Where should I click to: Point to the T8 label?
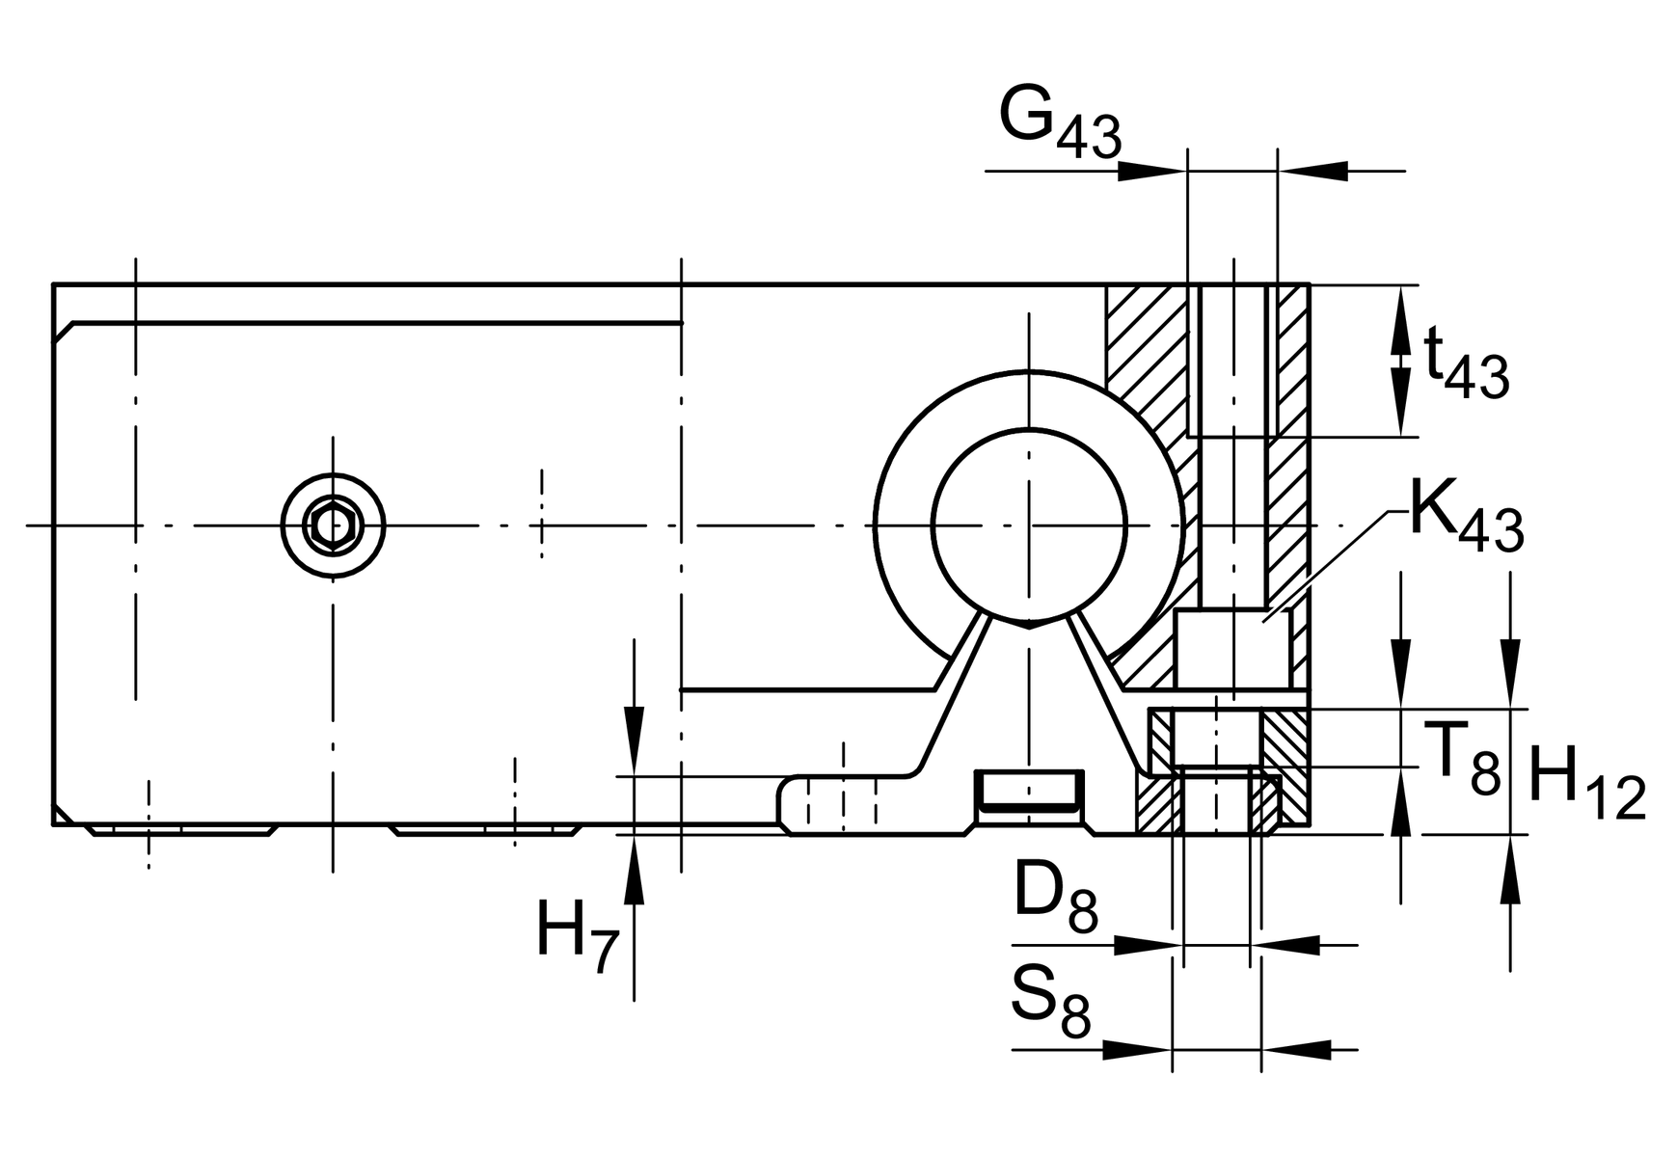point(1463,757)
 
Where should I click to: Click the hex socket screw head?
point(333,526)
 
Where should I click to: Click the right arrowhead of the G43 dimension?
point(1313,171)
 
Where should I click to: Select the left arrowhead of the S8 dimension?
point(1136,1049)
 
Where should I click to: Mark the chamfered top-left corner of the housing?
point(64,332)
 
